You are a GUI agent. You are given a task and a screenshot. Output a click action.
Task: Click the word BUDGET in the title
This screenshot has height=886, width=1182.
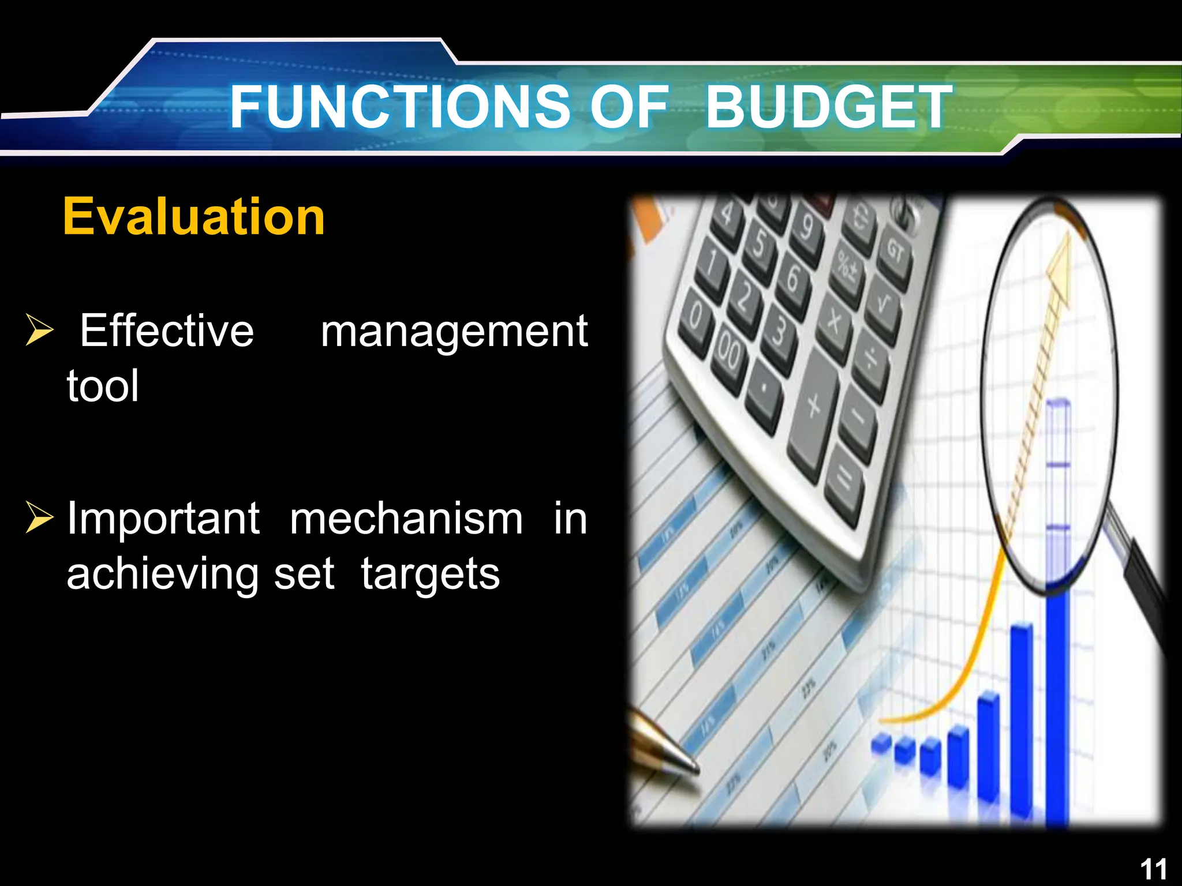click(x=828, y=107)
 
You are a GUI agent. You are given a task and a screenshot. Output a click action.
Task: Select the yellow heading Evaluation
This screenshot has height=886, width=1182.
click(x=194, y=216)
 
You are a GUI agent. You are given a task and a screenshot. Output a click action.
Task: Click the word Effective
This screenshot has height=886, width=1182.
click(x=167, y=331)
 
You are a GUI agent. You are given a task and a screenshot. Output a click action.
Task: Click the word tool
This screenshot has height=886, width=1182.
click(x=103, y=385)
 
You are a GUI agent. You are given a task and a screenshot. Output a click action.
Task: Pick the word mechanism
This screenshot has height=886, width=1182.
click(x=406, y=518)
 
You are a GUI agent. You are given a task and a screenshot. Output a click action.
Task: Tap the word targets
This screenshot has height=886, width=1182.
click(x=430, y=575)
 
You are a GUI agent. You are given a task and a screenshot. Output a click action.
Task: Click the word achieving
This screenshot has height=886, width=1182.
click(x=162, y=575)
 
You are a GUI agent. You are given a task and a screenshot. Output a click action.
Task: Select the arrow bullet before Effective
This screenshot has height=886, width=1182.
click(x=39, y=330)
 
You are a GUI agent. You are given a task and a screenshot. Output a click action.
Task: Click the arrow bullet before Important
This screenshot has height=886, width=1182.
click(x=39, y=517)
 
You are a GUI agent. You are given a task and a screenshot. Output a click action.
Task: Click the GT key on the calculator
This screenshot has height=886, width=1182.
click(x=895, y=251)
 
